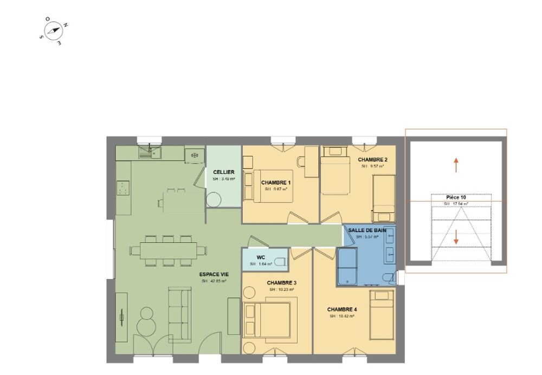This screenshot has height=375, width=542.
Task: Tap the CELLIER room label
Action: click(223, 172)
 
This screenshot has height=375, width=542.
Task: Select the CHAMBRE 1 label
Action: click(276, 183)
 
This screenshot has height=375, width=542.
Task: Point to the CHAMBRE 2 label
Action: click(372, 160)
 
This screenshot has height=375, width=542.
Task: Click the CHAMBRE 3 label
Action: click(281, 283)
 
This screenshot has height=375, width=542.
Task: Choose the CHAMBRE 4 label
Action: click(342, 309)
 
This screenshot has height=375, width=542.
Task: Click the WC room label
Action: click(260, 257)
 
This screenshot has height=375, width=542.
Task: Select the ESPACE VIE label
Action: click(214, 274)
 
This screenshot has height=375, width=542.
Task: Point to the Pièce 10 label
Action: click(456, 198)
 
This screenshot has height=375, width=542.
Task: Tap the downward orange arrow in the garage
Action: click(456, 237)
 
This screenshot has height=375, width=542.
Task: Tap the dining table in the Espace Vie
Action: click(169, 250)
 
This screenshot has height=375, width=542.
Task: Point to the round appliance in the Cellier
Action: click(214, 199)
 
